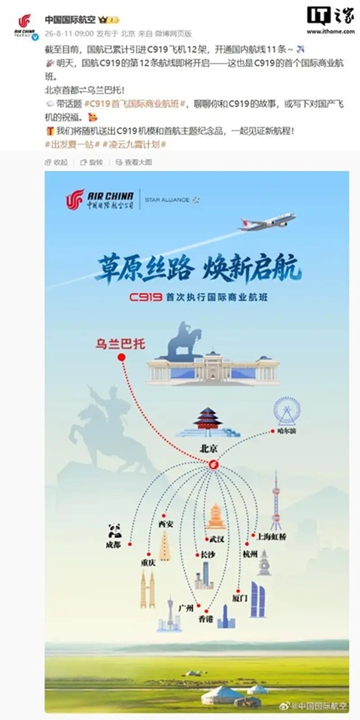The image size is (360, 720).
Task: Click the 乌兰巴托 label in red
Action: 121,343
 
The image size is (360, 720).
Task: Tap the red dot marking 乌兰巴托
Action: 121,358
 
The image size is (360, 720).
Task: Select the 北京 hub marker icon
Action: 213,465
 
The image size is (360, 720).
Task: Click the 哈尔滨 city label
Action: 286,431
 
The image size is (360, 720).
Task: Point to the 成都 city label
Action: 113,545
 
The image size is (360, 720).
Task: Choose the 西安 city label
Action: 165,524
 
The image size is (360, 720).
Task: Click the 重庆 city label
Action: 148,562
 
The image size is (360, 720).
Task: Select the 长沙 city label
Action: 207,555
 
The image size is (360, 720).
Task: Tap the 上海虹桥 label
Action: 271,536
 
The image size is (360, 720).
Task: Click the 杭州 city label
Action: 250,553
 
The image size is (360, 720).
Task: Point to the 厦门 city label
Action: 239,599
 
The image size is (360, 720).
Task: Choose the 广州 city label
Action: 186,608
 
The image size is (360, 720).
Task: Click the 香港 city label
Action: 206,618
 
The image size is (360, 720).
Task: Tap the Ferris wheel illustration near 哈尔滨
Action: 287,411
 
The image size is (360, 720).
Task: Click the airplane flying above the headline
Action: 267,222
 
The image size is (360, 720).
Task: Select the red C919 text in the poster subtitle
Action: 146,297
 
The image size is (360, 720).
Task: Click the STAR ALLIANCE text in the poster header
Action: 167,200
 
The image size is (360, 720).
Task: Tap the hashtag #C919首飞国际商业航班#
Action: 134,104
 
